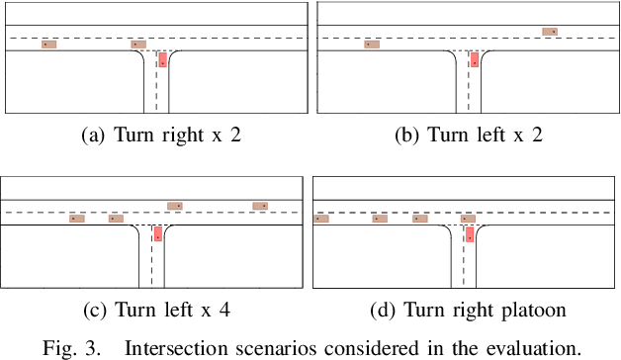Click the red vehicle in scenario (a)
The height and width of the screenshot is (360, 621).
coord(162,60)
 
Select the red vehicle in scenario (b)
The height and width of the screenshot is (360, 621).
coord(475,60)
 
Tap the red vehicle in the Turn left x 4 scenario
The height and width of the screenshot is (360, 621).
coord(157,233)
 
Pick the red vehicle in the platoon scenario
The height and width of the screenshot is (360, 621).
coord(470,234)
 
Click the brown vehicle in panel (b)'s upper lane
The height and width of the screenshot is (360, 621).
coord(551,32)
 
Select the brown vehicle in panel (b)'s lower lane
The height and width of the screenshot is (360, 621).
coord(371,45)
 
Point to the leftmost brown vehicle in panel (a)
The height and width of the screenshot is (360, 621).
coord(48,45)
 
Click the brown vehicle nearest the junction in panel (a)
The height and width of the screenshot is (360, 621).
coord(138,45)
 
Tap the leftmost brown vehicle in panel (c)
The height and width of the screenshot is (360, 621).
coord(77,219)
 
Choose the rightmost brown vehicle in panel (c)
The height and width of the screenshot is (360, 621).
coord(260,206)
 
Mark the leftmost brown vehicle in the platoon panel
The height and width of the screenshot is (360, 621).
coord(320,219)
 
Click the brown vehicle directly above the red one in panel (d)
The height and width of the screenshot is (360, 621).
coord(468,219)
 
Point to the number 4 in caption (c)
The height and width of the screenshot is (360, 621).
coord(224,311)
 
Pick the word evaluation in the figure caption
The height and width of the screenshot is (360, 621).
coord(538,346)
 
